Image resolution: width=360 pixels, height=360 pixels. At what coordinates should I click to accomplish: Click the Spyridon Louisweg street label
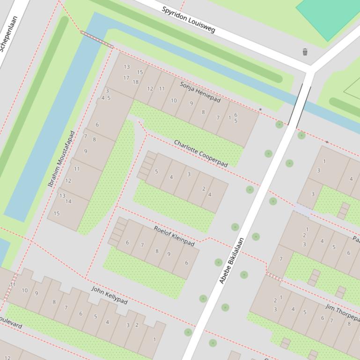[x=188, y=20]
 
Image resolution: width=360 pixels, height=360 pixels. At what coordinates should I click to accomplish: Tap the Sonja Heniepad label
[x=200, y=92]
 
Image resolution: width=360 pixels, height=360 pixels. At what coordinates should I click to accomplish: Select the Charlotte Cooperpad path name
[x=200, y=153]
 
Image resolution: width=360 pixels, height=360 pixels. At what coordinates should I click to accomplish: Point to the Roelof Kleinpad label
[x=174, y=236]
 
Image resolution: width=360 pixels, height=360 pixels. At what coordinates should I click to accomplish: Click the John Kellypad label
[x=109, y=295]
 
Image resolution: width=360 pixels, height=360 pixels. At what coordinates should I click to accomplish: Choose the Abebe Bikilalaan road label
[x=232, y=261]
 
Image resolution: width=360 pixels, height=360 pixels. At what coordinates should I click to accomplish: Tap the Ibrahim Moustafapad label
[x=61, y=159]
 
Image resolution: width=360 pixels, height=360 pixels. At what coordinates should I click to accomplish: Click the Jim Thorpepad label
[x=342, y=312]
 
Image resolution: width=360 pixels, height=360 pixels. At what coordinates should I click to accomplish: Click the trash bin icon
[x=305, y=52]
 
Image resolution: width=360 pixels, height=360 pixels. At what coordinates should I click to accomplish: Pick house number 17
[x=126, y=78]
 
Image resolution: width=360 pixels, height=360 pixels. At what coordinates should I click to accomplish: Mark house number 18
[x=135, y=82]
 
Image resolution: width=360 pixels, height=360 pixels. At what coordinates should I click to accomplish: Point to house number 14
[x=68, y=202]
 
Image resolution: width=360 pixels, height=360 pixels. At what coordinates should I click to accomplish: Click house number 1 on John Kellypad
[x=154, y=340]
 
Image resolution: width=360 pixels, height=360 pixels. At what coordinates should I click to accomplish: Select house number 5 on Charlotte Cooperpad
[x=156, y=172]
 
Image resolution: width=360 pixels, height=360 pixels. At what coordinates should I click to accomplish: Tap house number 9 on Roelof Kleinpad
[x=169, y=254]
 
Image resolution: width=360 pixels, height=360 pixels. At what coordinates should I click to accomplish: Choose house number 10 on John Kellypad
[x=24, y=290]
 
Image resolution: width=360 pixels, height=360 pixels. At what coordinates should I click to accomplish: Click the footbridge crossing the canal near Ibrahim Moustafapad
[x=97, y=39]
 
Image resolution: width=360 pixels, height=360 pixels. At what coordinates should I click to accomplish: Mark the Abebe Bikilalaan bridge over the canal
[x=300, y=105]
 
